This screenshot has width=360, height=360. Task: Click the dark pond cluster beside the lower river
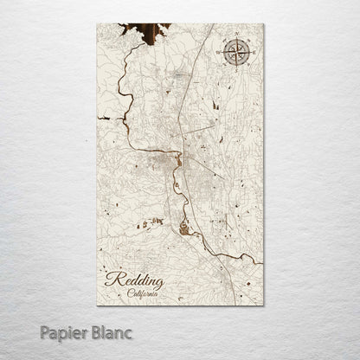[x=184, y=229]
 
